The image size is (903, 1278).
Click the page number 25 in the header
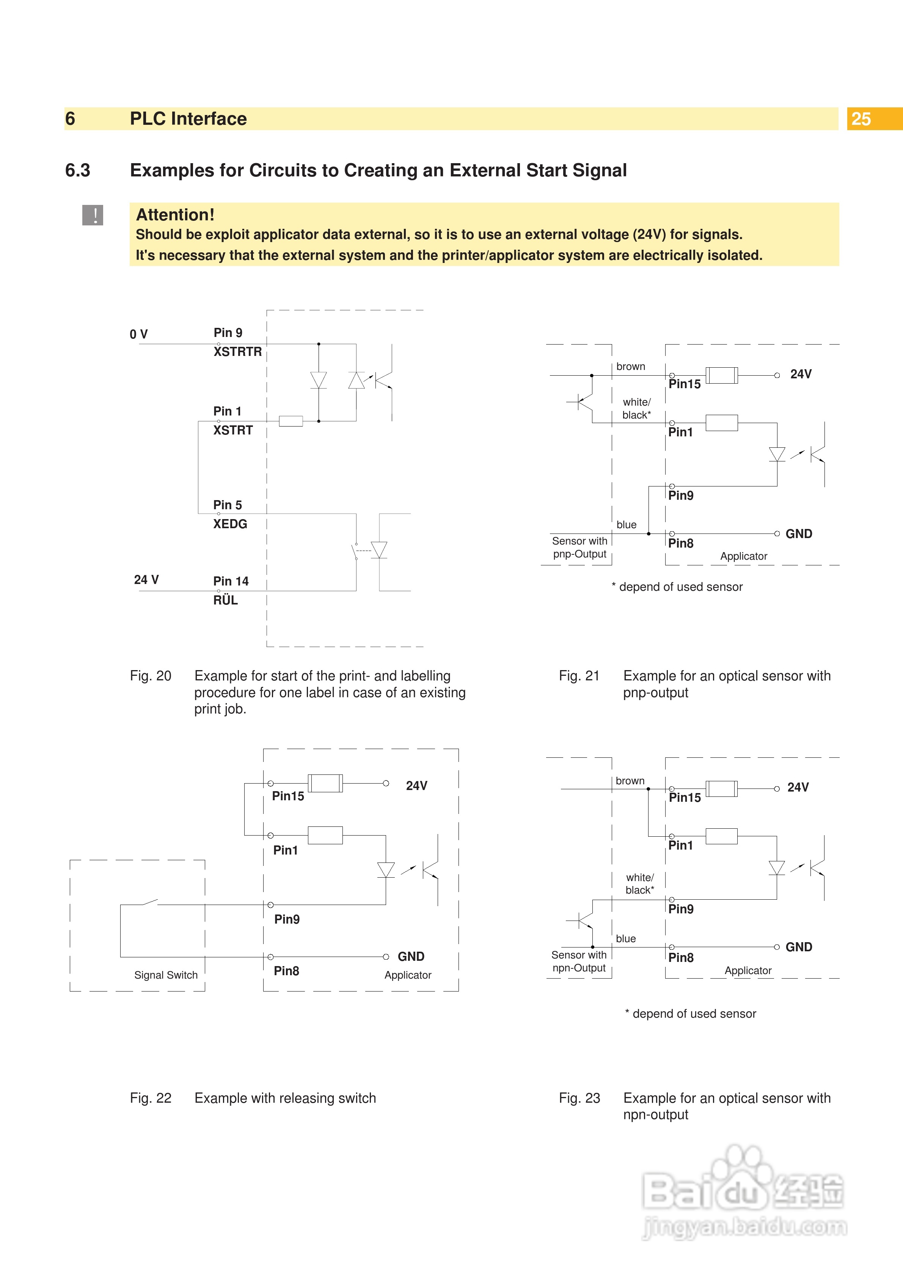coord(861,119)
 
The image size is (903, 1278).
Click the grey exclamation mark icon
coord(93,215)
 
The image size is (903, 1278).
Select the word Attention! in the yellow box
coord(175,215)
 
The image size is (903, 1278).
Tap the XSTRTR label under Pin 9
coord(237,352)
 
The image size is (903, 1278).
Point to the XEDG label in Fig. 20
coord(230,524)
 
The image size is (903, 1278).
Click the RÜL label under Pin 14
coord(225,600)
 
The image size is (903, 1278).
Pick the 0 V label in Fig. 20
coord(138,334)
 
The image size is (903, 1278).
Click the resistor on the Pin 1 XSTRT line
coord(291,421)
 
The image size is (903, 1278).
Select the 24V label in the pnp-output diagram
coord(801,374)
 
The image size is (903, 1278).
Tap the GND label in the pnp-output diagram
coord(798,534)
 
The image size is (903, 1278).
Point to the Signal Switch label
coord(166,975)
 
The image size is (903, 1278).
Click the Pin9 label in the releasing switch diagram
coord(287,919)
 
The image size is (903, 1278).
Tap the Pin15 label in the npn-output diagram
coord(684,797)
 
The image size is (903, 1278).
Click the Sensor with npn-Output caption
coord(579,961)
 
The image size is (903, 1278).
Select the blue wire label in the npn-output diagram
coord(625,938)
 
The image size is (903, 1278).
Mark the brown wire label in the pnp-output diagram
coord(630,366)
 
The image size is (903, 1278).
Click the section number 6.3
coord(77,170)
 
